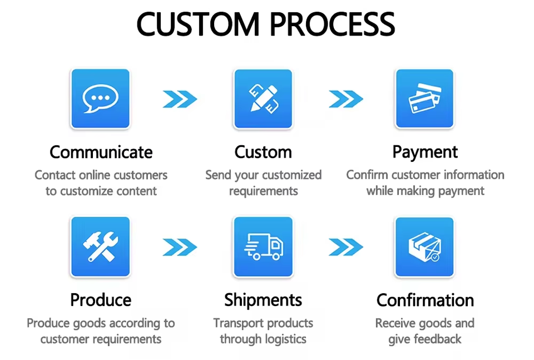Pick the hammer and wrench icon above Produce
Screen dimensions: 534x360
(x=100, y=246)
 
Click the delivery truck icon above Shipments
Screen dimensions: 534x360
(x=263, y=246)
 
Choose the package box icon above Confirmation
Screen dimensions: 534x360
(x=424, y=246)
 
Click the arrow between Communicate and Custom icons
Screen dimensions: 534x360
(x=180, y=99)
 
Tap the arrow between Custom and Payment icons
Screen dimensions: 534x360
(x=345, y=99)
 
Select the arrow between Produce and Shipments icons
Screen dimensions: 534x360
(x=180, y=246)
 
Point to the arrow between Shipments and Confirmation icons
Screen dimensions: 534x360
(x=345, y=246)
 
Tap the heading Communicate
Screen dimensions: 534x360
(x=101, y=152)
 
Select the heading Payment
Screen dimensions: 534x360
(x=425, y=152)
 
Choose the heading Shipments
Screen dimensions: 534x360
(x=263, y=300)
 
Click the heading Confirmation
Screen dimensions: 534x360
(x=425, y=300)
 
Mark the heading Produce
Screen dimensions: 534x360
(x=101, y=300)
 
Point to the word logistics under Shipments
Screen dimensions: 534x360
(x=283, y=339)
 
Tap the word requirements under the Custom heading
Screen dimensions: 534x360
(x=263, y=191)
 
